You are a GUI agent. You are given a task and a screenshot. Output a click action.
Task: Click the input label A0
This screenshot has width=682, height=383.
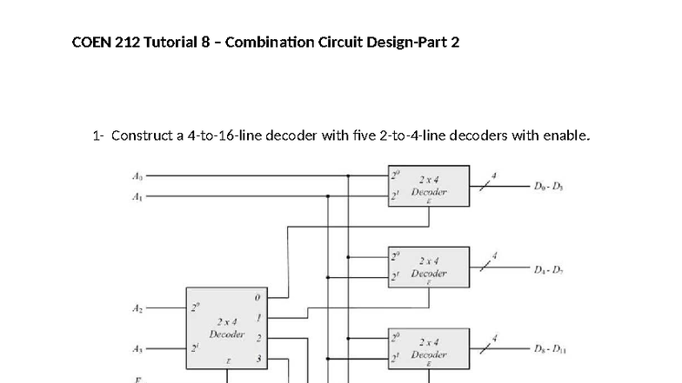click(x=137, y=175)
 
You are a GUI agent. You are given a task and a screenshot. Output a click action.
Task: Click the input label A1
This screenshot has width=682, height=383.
click(x=137, y=196)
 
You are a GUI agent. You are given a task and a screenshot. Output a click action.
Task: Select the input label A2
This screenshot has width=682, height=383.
click(x=137, y=308)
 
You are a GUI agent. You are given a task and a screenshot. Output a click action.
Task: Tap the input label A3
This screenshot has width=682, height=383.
click(x=137, y=349)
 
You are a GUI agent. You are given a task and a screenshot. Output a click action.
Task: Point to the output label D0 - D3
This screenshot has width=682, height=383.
click(x=550, y=187)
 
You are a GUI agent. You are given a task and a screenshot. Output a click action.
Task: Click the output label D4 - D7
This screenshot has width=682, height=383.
click(x=550, y=268)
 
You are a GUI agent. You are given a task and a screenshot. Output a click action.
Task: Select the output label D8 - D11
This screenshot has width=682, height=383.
click(x=551, y=350)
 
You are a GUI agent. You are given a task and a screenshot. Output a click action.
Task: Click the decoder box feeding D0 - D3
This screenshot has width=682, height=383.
click(x=430, y=187)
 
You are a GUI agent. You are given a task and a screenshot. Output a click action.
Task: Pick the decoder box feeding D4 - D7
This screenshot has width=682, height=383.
click(x=430, y=267)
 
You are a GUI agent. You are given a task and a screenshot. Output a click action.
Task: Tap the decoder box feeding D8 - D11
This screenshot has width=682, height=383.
click(x=430, y=349)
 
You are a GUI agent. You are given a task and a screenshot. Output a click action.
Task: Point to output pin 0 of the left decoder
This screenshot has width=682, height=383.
click(x=257, y=298)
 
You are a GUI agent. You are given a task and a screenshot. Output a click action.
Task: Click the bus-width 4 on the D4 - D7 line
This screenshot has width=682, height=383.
click(x=495, y=256)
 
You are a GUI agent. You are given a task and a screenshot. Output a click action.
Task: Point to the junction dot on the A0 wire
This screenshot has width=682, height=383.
click(x=349, y=175)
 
